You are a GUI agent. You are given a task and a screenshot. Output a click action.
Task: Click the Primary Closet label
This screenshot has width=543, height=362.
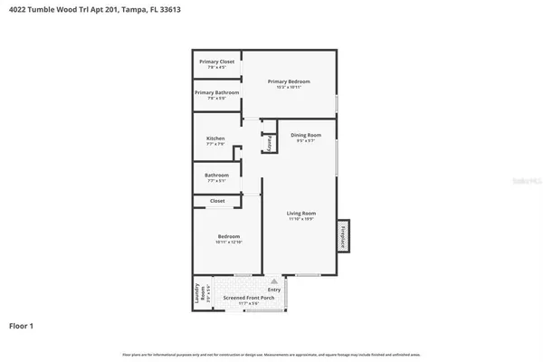coord(216,62)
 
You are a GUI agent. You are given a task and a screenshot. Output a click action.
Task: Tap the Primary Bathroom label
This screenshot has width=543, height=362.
coord(216,92)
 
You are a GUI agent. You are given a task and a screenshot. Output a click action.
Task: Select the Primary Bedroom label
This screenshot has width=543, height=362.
coord(289,81)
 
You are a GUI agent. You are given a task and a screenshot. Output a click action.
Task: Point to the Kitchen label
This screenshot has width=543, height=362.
coord(215,138)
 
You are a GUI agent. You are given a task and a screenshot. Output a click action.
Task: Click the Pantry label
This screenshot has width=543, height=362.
coord(269,143)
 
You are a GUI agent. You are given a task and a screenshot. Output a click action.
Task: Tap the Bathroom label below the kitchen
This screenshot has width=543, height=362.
coord(216,175)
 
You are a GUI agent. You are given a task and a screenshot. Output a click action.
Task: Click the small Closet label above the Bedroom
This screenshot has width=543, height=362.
coord(217,201)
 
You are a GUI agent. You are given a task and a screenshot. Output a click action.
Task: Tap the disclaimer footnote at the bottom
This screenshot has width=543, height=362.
coord(271,354)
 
